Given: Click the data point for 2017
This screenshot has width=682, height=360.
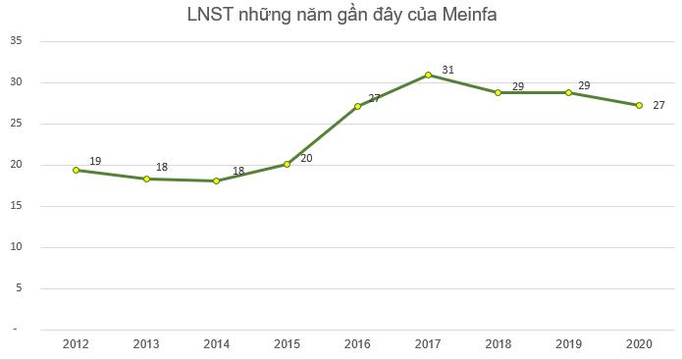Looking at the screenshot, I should click(x=428, y=75).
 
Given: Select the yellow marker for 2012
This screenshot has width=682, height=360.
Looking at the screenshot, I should click(x=76, y=170).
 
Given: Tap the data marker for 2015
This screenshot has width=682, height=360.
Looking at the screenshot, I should click(x=287, y=164).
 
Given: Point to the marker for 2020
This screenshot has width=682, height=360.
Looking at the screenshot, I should click(x=639, y=105).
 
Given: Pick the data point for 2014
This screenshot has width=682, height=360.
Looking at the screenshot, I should click(x=216, y=180).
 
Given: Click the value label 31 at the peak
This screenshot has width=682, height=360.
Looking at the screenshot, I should click(x=447, y=69).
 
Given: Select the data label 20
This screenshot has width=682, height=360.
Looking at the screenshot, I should click(x=306, y=157).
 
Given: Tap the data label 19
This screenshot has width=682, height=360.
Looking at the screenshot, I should click(x=95, y=161).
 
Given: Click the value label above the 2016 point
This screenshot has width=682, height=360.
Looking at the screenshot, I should click(x=374, y=98).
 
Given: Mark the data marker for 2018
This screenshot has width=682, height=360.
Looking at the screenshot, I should click(x=498, y=92).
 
